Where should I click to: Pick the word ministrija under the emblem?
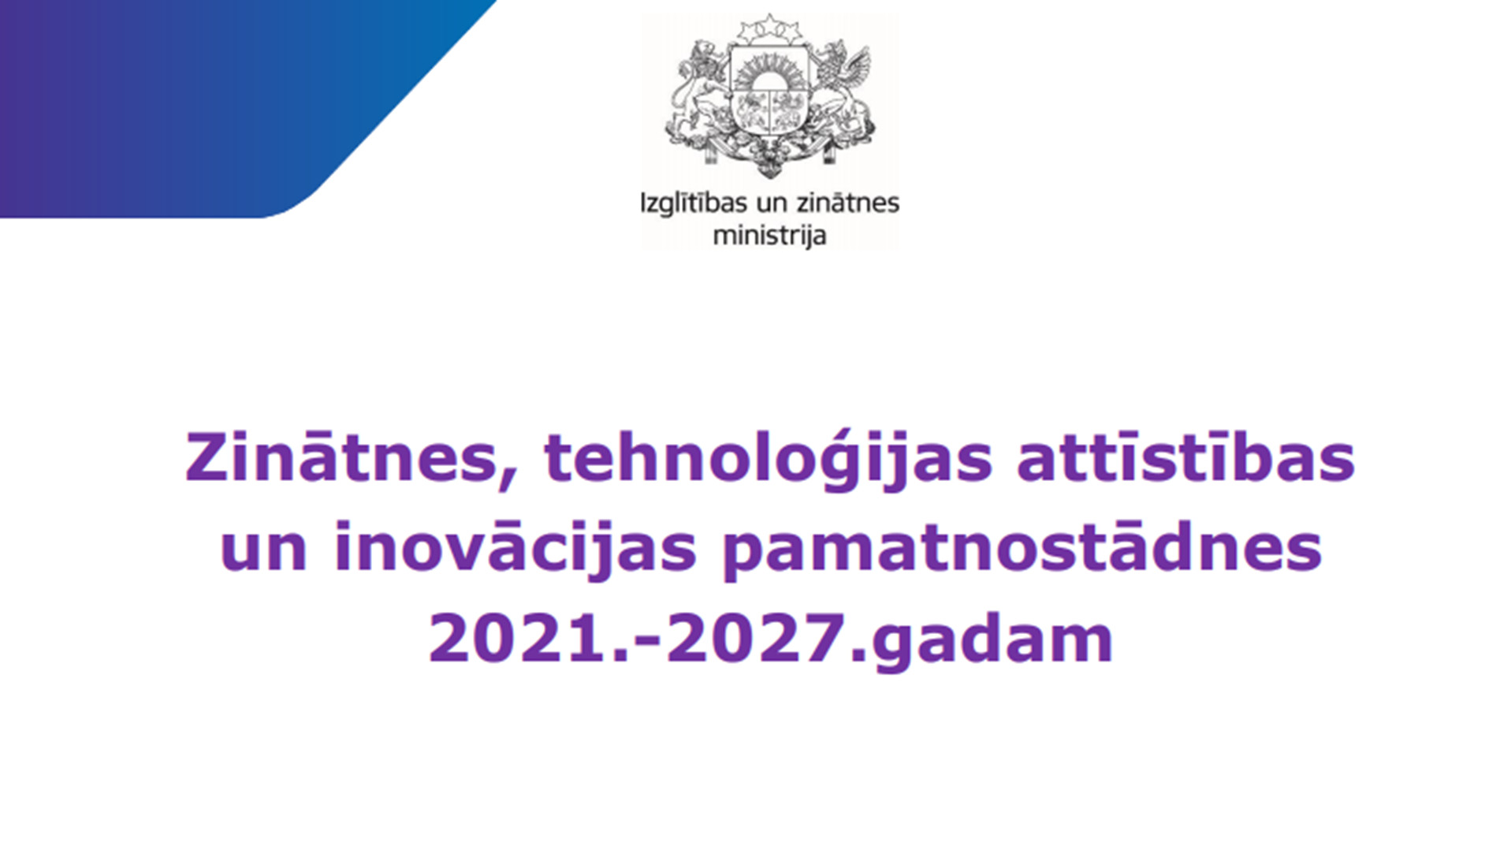point(769,236)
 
